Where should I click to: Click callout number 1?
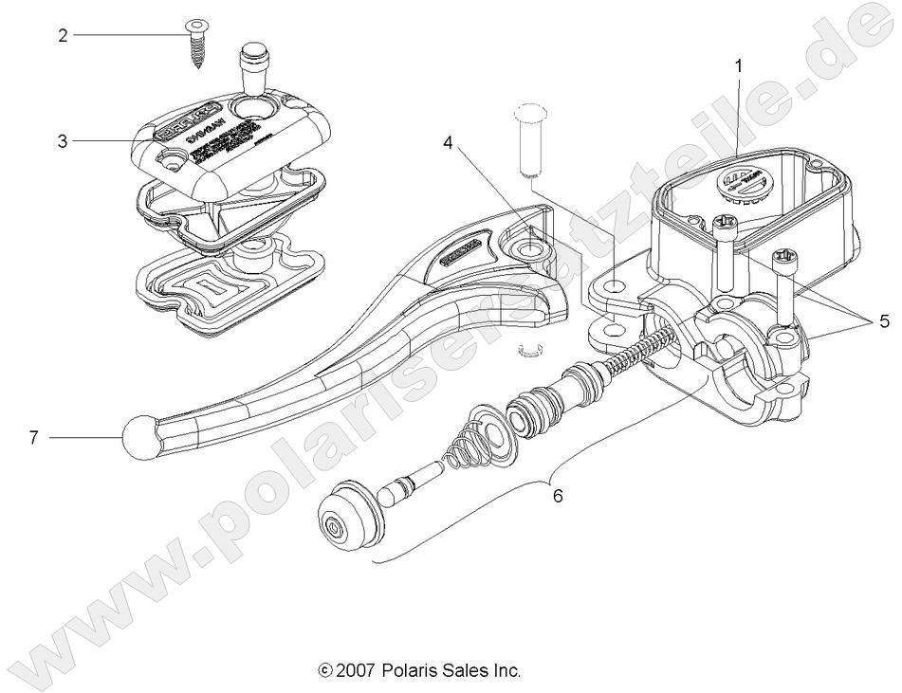[x=739, y=65]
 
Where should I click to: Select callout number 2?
[x=63, y=35]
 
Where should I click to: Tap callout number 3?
[x=63, y=141]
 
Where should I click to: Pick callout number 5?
[x=883, y=321]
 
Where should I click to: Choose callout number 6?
[x=558, y=495]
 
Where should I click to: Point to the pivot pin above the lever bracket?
[x=525, y=140]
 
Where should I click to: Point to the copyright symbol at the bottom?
[x=327, y=671]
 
